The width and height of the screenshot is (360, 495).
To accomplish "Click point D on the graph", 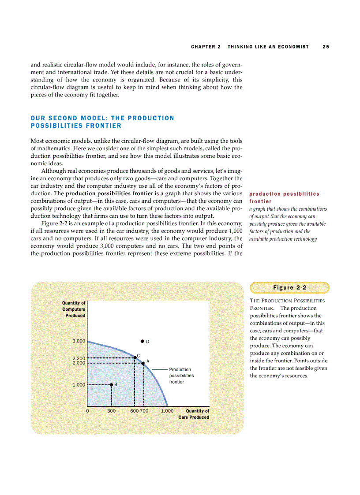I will coord(142,341).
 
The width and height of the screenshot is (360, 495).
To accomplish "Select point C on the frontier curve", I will coord(135,357).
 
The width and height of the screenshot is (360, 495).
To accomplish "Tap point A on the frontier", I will coord(143,363).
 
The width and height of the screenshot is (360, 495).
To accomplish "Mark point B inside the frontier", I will coord(111,385).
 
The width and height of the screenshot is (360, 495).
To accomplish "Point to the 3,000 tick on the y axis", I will coord(79,341).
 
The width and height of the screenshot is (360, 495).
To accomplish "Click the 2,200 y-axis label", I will coord(79,358).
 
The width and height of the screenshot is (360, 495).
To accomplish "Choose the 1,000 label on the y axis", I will coord(79,385).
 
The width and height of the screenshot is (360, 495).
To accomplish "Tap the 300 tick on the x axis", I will coord(111,411).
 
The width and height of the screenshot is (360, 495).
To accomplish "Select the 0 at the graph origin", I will coord(87,411).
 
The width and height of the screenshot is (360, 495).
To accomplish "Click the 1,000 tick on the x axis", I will coord(167,411).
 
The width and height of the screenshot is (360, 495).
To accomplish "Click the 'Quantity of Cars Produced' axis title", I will coord(194,414).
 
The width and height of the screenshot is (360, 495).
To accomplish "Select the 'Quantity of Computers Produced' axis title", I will coord(74,309).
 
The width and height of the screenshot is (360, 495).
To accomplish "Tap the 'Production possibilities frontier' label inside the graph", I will coord(181,376).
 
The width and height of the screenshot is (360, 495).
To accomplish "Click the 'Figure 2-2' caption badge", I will coord(289,288).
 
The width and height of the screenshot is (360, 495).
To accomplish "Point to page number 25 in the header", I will coord(326,47).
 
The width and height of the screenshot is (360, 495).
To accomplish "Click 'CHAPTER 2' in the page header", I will coord(206,47).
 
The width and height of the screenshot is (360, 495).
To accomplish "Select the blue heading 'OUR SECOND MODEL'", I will coord(102,122).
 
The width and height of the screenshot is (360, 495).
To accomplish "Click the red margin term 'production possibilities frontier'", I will coord(284,197).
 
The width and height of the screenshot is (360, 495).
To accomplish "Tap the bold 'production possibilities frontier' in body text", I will coord(109,194).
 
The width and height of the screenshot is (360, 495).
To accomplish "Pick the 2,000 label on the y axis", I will coord(79,363).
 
